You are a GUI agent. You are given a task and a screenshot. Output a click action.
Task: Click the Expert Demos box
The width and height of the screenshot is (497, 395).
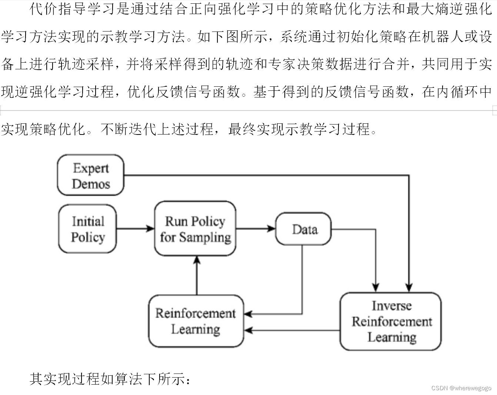(90, 175)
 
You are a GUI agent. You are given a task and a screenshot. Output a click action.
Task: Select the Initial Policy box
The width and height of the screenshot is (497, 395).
(88, 229)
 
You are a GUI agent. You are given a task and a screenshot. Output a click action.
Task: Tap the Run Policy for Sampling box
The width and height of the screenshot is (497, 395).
(195, 229)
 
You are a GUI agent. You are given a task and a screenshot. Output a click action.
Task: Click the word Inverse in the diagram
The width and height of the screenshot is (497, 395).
(391, 306)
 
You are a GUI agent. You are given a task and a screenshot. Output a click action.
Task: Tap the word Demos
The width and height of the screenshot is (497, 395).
(91, 184)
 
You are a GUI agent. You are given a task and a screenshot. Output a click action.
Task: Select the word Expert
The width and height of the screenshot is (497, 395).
(91, 168)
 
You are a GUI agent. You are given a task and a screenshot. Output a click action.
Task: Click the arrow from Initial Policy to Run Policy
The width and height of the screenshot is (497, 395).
(135, 229)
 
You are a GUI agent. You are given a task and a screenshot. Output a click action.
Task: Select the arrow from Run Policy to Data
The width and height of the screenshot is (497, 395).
(256, 229)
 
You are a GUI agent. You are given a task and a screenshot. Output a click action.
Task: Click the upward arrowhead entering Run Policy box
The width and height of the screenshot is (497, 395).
(197, 260)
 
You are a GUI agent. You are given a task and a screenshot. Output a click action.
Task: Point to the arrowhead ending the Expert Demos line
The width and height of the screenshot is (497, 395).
(408, 287)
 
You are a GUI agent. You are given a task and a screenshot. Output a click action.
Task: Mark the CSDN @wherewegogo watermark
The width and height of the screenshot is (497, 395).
(461, 388)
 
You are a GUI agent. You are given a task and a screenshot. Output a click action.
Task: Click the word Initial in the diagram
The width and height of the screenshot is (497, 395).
(88, 221)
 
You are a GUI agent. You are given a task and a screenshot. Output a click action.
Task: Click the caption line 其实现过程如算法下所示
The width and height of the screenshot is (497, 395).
(110, 379)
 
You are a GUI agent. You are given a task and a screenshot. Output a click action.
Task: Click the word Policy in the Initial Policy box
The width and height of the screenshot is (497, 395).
(88, 237)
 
